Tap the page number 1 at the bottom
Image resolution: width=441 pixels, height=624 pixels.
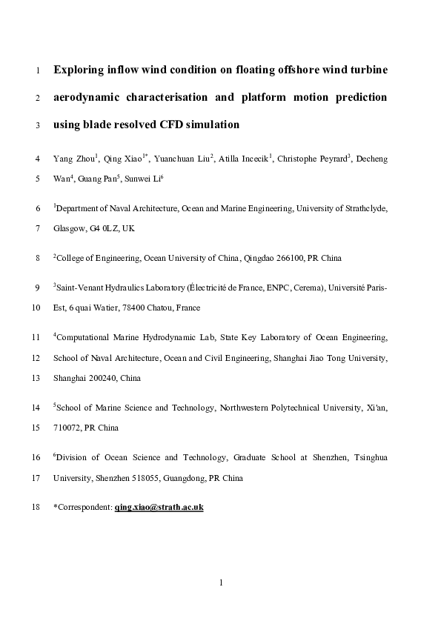tap(221, 582)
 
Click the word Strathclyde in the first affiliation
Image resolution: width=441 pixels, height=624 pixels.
tap(365, 209)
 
